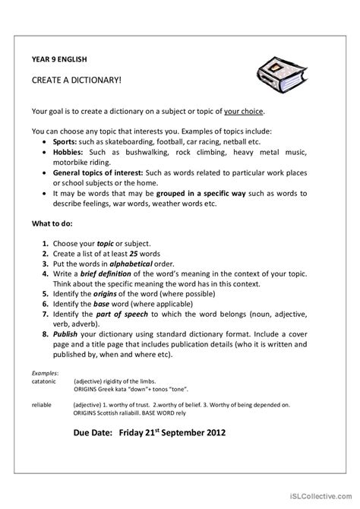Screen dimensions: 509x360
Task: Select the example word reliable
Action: (42, 406)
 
